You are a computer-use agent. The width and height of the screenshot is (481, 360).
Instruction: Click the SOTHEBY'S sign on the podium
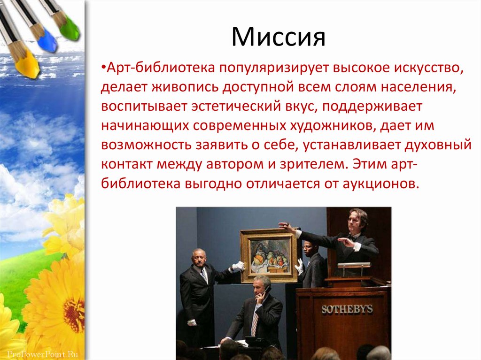coord(347,309)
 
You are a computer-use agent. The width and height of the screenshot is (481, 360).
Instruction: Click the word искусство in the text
coord(428,68)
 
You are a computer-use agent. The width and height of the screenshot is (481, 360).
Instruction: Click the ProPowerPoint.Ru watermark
coord(42,354)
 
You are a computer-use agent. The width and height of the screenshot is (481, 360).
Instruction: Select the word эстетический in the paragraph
coord(236,107)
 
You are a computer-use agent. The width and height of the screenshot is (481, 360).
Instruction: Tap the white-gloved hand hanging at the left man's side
coord(192,322)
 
